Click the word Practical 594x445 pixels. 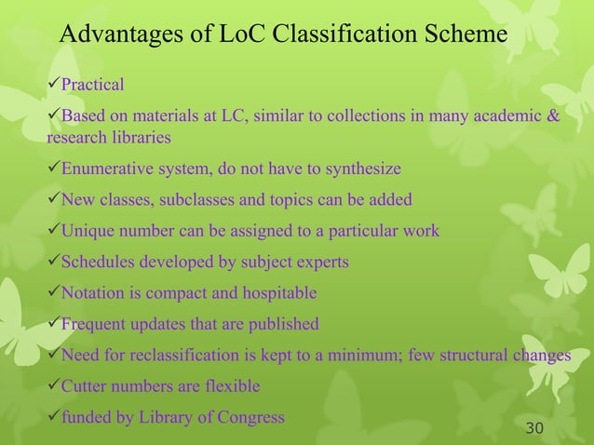(x=92, y=86)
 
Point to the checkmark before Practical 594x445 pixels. (x=53, y=86)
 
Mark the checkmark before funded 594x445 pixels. (x=53, y=416)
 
